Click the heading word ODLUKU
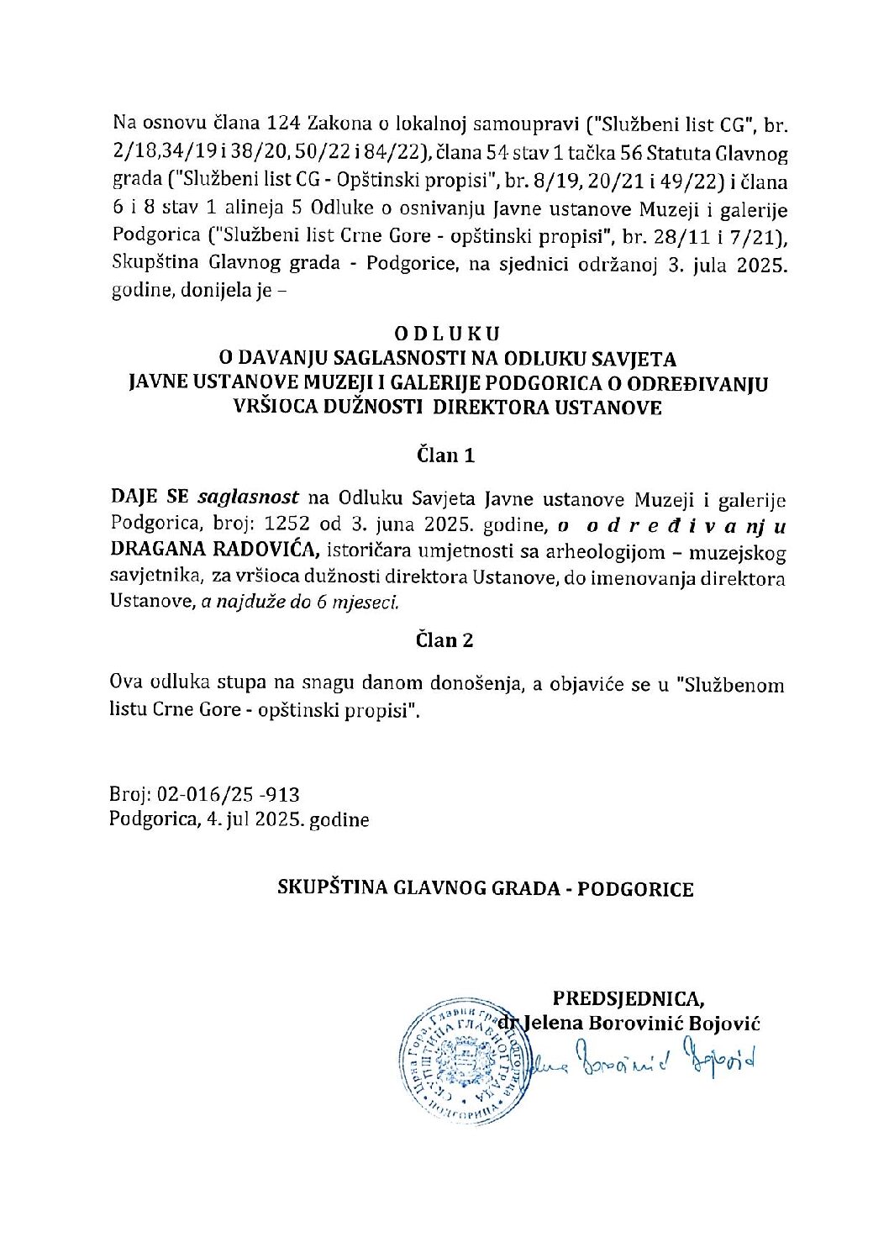pos(447,334)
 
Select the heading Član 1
pos(445,455)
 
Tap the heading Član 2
pos(445,640)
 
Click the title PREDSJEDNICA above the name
pos(629,998)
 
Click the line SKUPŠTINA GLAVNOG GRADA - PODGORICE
pos(486,888)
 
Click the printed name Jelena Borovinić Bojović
pos(642,1023)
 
